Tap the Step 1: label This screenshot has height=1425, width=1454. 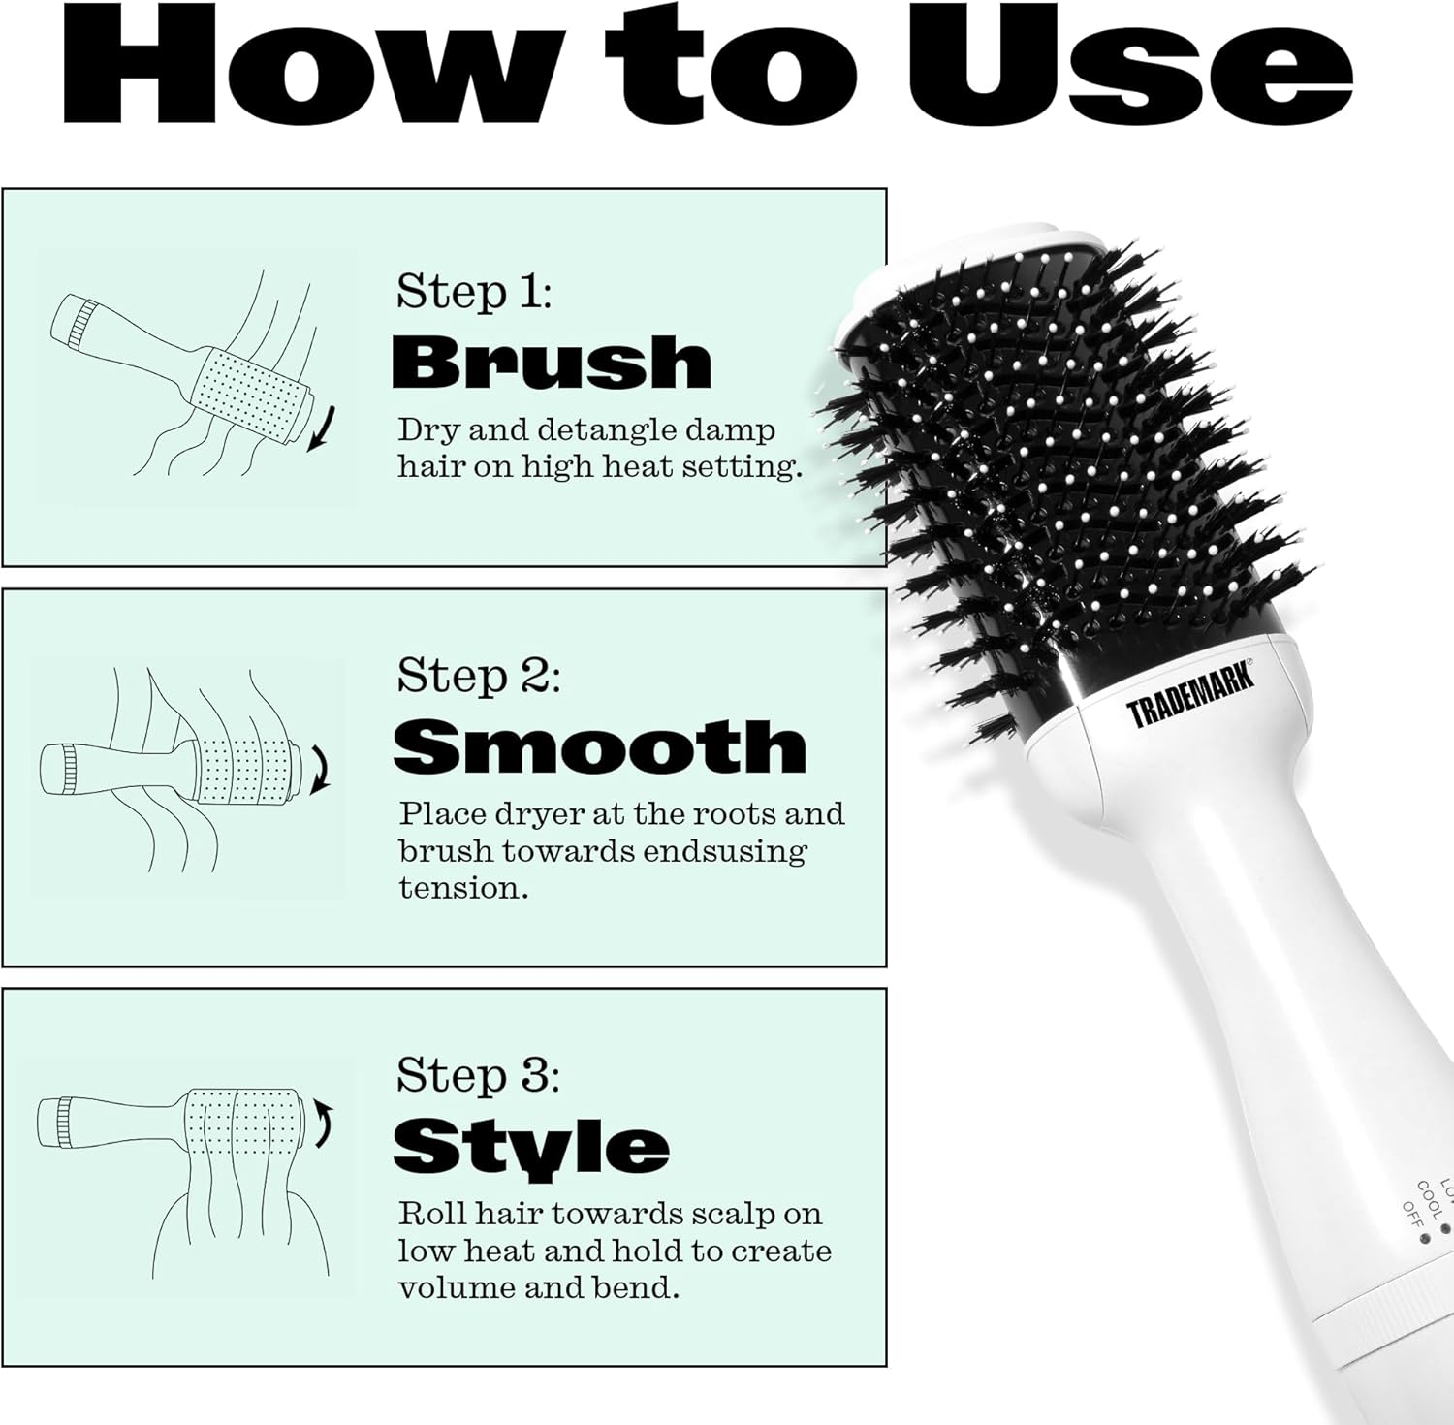coord(473,292)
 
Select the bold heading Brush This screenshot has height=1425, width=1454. coord(552,363)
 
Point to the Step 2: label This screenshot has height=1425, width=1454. coord(478,676)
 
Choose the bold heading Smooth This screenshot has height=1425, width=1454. coord(600,746)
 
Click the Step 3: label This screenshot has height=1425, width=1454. coord(478,1075)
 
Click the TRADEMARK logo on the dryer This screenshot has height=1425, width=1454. coord(1190,693)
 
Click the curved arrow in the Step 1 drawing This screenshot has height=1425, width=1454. coord(324,429)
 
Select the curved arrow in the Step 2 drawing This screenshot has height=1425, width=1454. coord(319,769)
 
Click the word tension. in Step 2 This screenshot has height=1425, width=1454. coord(464,888)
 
